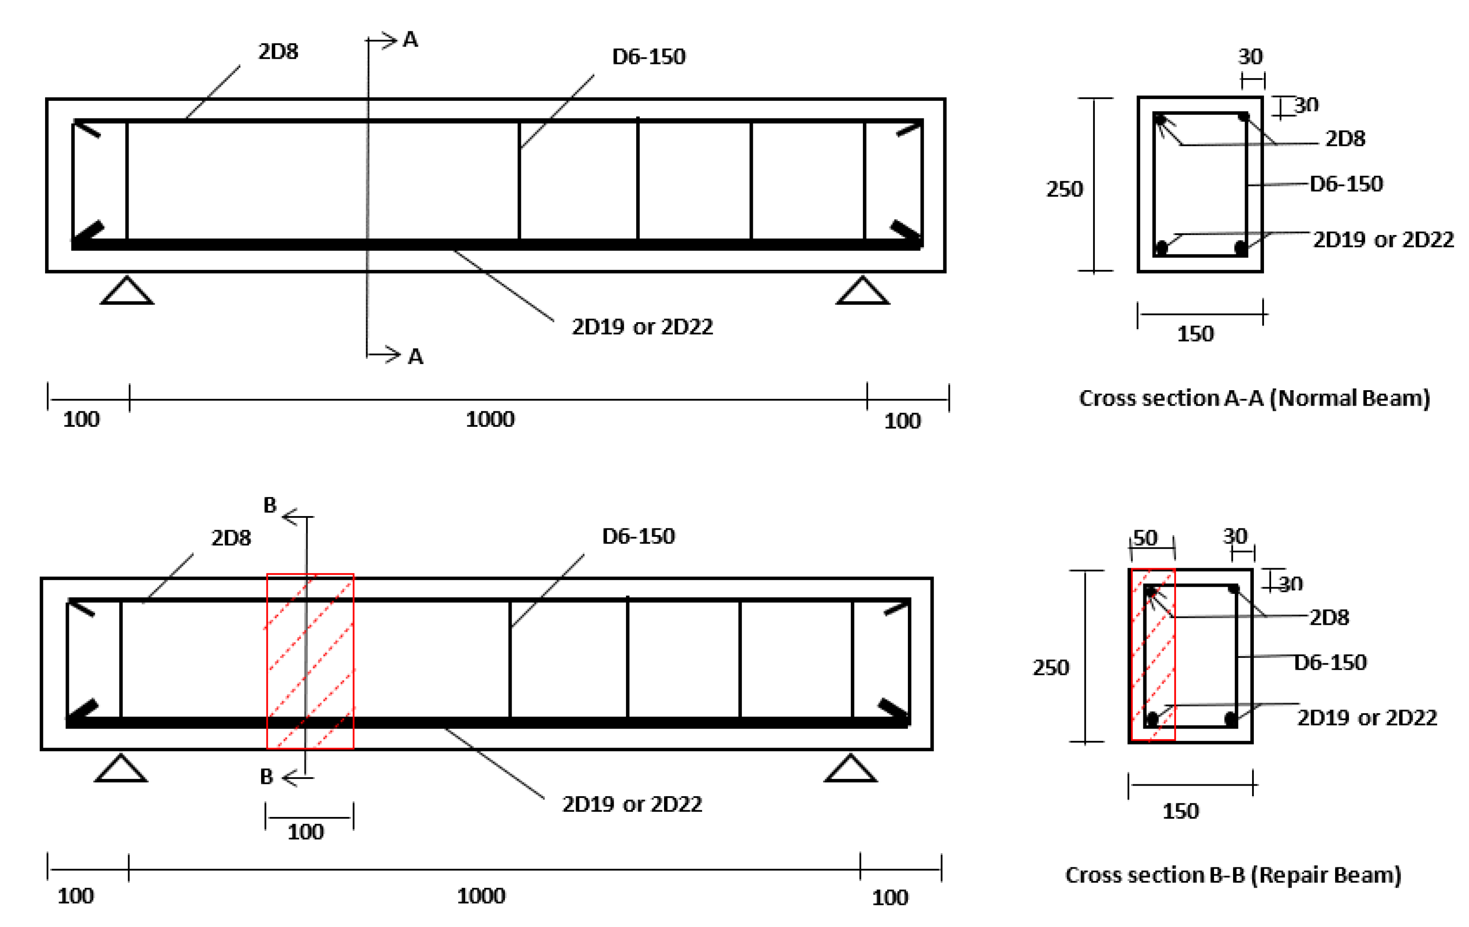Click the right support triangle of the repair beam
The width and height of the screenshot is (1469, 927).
[850, 770]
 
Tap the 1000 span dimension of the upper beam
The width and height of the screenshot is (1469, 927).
[490, 419]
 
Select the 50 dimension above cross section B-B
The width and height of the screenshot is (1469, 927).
[1145, 538]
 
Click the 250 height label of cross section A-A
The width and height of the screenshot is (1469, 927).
[1065, 189]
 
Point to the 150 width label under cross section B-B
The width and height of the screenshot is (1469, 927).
[1181, 811]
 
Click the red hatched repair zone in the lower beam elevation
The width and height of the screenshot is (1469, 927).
[310, 661]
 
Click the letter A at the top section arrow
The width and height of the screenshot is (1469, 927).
[410, 40]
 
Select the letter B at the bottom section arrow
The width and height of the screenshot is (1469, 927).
[266, 777]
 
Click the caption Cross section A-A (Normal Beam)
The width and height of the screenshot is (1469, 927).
[1254, 398]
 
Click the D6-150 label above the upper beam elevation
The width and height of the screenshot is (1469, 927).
[649, 57]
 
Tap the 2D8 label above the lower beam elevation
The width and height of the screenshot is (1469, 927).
[231, 538]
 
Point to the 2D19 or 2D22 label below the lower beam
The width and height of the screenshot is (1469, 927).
[632, 804]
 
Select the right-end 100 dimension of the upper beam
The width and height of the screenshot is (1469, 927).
[902, 421]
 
